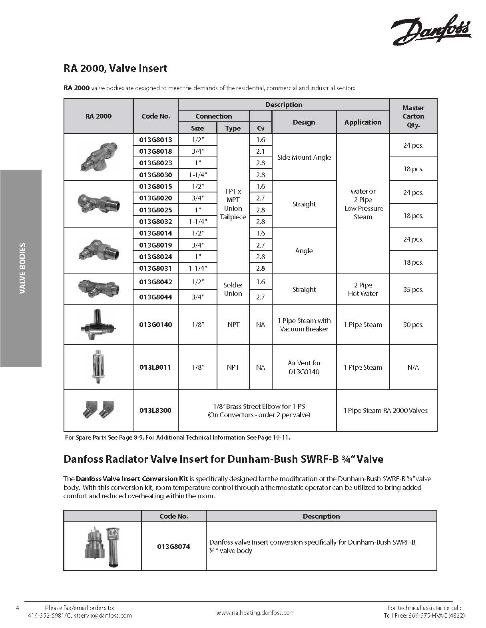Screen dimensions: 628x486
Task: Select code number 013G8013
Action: pyautogui.click(x=155, y=140)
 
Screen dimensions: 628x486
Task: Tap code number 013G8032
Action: pyautogui.click(x=155, y=222)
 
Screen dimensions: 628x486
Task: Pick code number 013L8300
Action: pyautogui.click(x=155, y=410)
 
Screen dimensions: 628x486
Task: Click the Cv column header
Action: pyautogui.click(x=261, y=128)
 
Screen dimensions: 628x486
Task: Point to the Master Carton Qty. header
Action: pyautogui.click(x=413, y=116)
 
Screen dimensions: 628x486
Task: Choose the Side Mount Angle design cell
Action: pyautogui.click(x=304, y=157)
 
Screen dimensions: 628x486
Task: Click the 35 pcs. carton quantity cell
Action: pyautogui.click(x=413, y=289)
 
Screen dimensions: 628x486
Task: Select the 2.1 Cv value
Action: pyautogui.click(x=261, y=151)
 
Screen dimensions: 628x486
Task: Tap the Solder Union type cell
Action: pyautogui.click(x=233, y=289)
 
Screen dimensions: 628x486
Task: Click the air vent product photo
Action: pyautogui.click(x=98, y=367)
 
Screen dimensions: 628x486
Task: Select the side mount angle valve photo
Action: pyautogui.click(x=98, y=157)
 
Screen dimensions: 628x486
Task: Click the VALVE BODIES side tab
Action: pyautogui.click(x=22, y=268)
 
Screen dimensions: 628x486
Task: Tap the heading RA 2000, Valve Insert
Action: pyautogui.click(x=115, y=68)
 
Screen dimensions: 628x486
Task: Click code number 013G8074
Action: pyautogui.click(x=173, y=546)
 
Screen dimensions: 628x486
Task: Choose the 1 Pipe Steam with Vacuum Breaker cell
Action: pyautogui.click(x=304, y=325)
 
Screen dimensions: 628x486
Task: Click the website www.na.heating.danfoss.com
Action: pyautogui.click(x=255, y=612)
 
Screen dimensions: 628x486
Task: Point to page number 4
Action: pyautogui.click(x=17, y=608)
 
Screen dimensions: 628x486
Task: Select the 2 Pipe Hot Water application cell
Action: pyautogui.click(x=363, y=289)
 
